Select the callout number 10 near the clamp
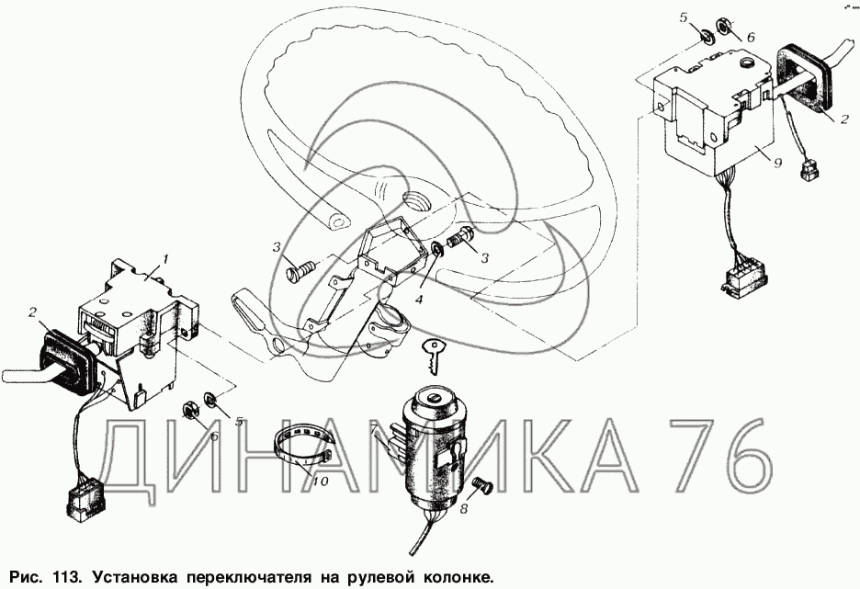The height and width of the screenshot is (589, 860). tap(321, 481)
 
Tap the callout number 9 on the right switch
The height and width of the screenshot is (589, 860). tap(777, 163)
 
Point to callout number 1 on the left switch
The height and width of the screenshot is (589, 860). tap(165, 258)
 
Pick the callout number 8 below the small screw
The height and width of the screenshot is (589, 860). tap(464, 509)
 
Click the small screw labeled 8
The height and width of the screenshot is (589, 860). tap(482, 485)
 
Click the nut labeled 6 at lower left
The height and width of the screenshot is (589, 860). tap(188, 409)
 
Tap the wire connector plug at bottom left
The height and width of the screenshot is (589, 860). tap(84, 500)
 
